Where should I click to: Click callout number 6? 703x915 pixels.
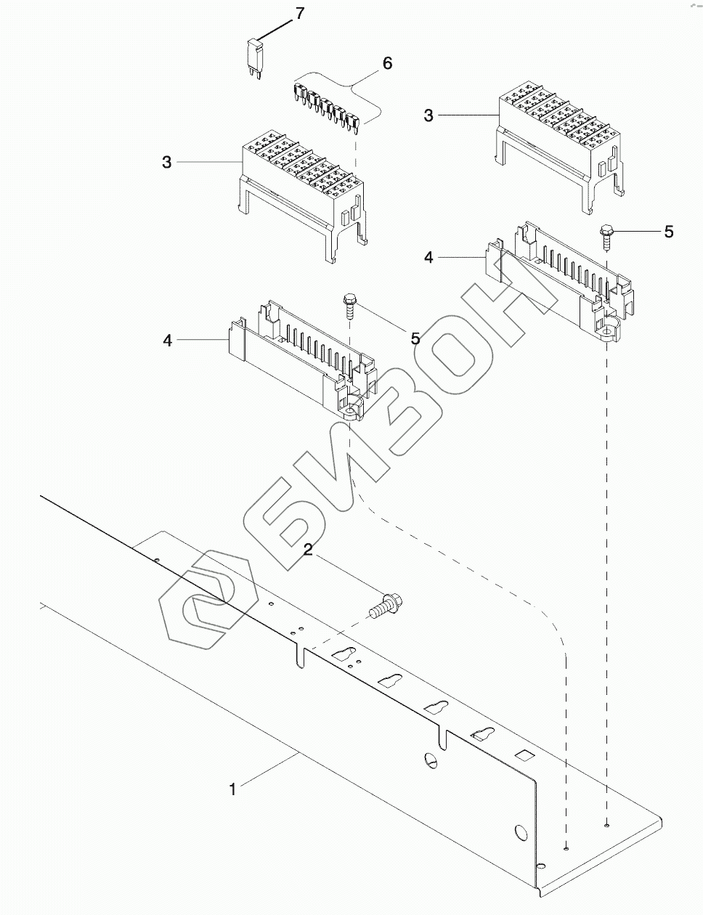pos(387,64)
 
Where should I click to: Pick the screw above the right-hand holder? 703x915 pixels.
pos(607,236)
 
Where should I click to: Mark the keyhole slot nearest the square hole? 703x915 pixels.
pos(483,734)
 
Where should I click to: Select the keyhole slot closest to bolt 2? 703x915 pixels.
pos(345,654)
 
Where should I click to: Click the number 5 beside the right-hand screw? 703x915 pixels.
pos(668,232)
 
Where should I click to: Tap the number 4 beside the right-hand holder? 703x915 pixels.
pos(428,258)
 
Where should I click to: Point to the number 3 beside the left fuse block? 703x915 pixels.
pos(167,162)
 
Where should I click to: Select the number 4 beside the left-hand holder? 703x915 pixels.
pos(168,340)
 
